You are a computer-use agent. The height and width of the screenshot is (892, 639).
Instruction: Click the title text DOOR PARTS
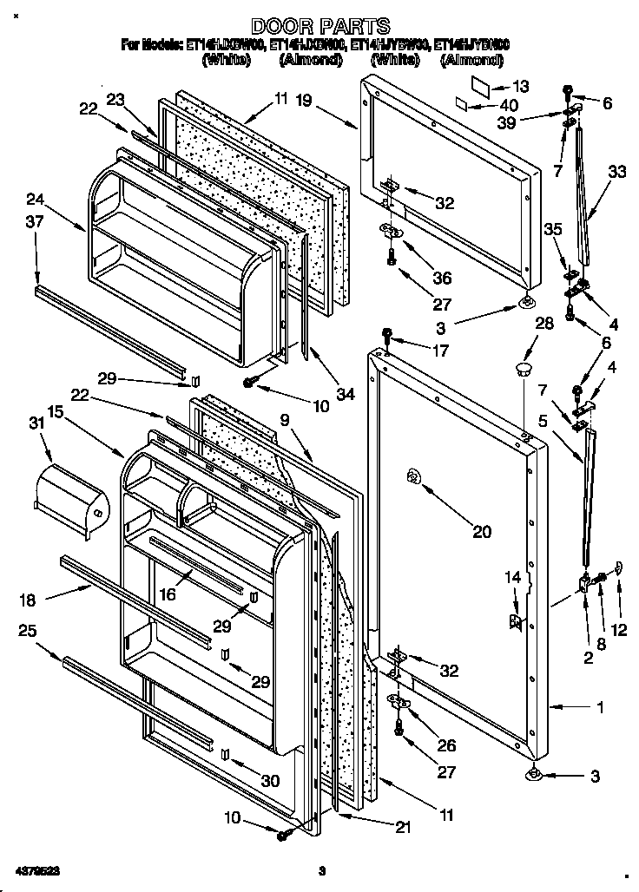320,27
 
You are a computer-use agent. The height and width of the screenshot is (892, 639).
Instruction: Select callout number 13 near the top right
520,86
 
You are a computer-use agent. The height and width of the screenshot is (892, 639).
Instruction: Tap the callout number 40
510,105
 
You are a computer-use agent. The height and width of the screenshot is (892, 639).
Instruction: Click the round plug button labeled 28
521,371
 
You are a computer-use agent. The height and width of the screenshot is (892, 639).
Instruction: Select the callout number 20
481,532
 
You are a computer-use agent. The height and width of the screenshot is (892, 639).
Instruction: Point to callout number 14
514,576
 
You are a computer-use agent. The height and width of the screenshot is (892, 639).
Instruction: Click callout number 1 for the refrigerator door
599,707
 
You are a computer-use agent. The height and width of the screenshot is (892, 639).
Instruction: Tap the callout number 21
402,827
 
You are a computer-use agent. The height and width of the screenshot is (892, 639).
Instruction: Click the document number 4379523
37,869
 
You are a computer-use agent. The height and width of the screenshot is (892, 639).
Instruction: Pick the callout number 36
442,278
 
